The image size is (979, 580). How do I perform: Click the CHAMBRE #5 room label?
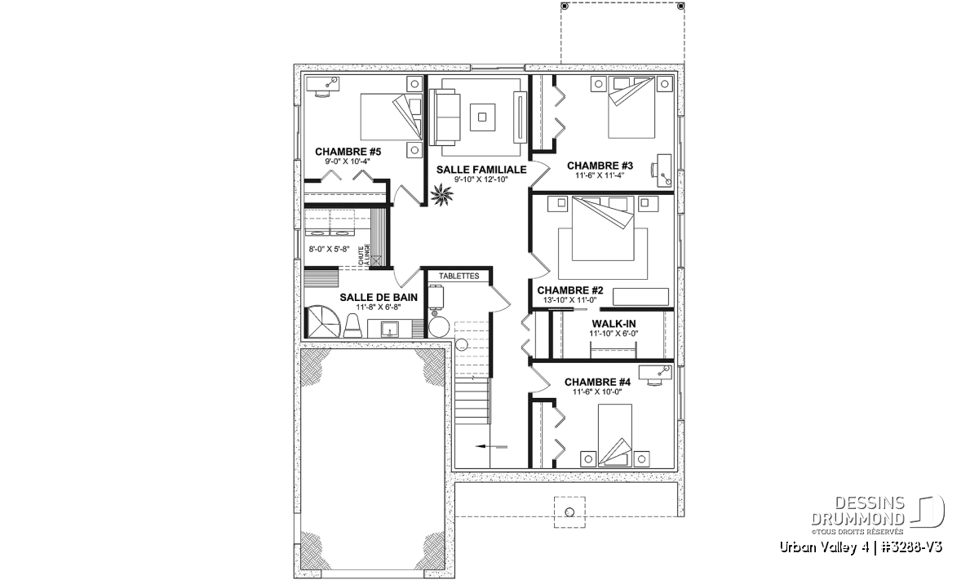[x=348, y=152]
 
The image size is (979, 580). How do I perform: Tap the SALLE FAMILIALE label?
[x=481, y=170]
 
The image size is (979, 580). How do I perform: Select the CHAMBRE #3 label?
[x=600, y=166]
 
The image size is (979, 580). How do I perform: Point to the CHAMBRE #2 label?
[x=570, y=290]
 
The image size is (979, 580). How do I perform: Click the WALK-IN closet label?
[x=614, y=324]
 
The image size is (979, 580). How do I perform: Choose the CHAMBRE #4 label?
[x=597, y=382]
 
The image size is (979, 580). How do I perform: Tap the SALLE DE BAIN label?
[x=379, y=297]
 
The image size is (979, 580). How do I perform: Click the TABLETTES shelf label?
[x=458, y=277]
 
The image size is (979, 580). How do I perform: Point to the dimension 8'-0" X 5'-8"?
[x=329, y=249]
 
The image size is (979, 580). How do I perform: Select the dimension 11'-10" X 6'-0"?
[x=614, y=334]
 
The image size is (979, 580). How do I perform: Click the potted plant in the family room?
[x=441, y=195]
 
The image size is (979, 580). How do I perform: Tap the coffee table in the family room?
[x=482, y=117]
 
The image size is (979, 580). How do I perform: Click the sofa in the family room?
[x=445, y=117]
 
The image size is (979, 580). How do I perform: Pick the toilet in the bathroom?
[x=353, y=326]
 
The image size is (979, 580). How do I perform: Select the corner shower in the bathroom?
[x=323, y=321]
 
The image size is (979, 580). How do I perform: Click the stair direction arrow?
[x=491, y=446]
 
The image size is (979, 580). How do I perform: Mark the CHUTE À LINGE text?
[x=364, y=255]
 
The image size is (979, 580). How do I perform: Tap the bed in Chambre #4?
[x=614, y=435]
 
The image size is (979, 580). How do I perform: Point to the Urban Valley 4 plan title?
[x=861, y=547]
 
